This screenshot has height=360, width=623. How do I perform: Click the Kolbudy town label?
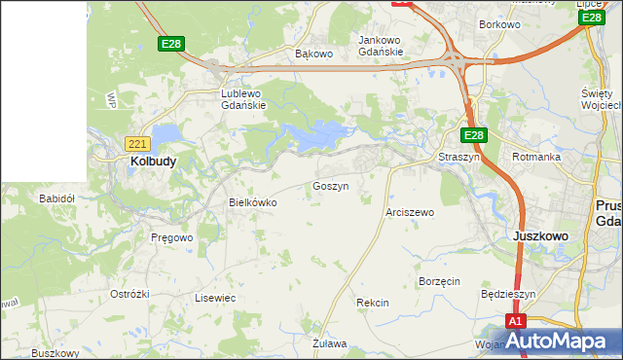click(x=153, y=162)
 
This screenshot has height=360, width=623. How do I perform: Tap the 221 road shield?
click(x=137, y=143)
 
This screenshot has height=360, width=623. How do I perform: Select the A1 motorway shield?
click(x=517, y=321)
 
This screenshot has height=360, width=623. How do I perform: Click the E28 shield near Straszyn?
click(x=473, y=135)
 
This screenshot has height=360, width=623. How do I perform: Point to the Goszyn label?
click(x=330, y=185)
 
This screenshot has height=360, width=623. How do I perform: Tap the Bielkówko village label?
click(x=252, y=202)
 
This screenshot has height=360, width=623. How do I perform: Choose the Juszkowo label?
click(x=540, y=235)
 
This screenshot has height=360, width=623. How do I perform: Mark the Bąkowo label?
click(x=313, y=54)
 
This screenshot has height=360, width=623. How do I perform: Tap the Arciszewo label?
click(x=410, y=211)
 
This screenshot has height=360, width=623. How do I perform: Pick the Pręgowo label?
click(x=172, y=236)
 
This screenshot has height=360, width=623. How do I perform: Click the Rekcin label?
click(x=373, y=303)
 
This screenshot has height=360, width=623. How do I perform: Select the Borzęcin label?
click(x=438, y=281)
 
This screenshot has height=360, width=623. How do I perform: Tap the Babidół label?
click(x=56, y=198)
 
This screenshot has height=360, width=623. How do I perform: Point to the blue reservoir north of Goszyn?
click(x=316, y=136)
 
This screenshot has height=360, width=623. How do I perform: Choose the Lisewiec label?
click(x=215, y=298)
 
